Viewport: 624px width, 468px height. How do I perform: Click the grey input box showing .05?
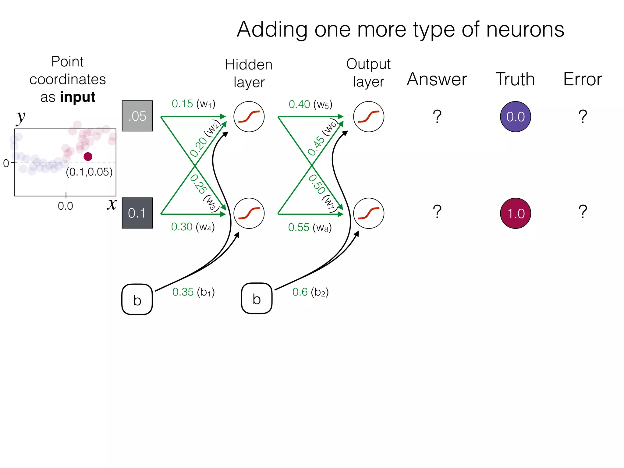137,116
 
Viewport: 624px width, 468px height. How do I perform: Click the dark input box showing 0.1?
137,213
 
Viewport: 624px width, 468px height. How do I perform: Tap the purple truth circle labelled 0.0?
515,117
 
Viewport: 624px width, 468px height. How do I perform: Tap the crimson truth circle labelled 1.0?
515,213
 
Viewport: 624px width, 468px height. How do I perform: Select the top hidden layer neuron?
249,117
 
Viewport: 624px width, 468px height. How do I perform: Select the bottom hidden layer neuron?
249,213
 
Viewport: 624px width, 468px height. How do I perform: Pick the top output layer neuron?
368,117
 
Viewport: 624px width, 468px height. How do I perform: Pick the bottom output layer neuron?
368,213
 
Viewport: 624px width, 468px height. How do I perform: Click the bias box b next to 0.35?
137,300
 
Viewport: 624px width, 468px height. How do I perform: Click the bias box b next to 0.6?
257,298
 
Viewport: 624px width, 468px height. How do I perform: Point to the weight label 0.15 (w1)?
193,104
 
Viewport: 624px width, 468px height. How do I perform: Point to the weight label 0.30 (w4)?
193,227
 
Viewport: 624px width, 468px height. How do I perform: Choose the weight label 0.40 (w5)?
310,105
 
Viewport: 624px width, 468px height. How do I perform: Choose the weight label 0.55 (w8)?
310,228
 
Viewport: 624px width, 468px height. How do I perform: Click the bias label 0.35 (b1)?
193,292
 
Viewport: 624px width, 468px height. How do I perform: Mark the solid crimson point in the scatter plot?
88,157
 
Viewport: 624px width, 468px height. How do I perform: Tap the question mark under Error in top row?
583,117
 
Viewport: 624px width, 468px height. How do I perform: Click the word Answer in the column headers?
437,80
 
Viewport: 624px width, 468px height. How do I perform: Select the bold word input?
78,97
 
